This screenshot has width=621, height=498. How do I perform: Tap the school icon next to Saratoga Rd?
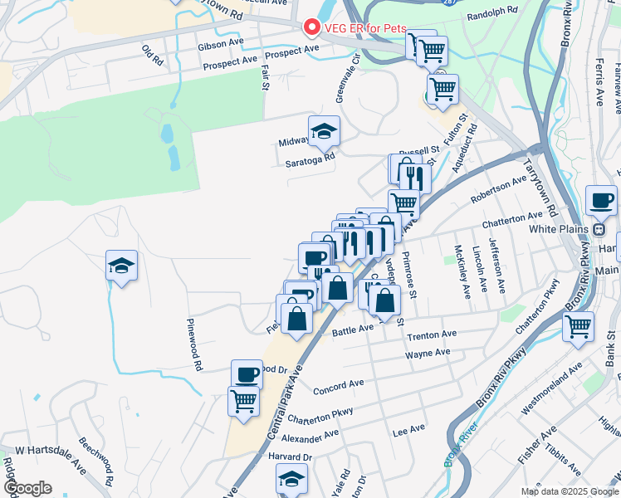pyautogui.click(x=324, y=130)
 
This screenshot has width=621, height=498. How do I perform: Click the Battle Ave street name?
pyautogui.click(x=354, y=330)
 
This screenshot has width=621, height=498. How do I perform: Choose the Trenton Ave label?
pyautogui.click(x=432, y=334)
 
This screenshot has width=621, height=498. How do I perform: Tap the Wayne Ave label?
pyautogui.click(x=428, y=354)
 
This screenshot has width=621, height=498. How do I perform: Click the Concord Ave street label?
pyautogui.click(x=339, y=387)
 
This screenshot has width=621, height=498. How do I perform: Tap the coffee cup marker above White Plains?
pyautogui.click(x=601, y=201)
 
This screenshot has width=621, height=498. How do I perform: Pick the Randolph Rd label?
pyautogui.click(x=492, y=15)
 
